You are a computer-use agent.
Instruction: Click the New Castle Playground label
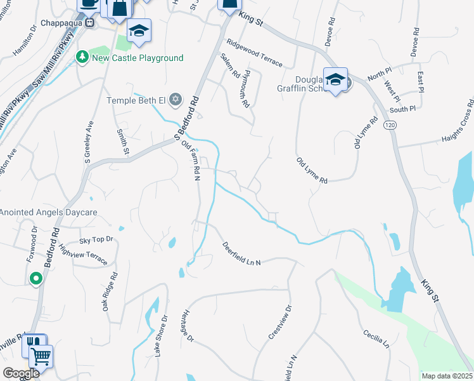pyautogui.click(x=138, y=58)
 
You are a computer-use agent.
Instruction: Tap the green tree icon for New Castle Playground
pyautogui.click(x=82, y=58)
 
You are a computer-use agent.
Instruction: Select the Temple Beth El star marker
pyautogui.click(x=176, y=100)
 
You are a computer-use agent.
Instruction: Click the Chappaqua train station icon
pyautogui.click(x=90, y=23)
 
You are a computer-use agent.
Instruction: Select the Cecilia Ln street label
pyautogui.click(x=376, y=338)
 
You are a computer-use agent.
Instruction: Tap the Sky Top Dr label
pyautogui.click(x=96, y=240)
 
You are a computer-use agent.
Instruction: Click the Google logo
pyautogui.click(x=21, y=373)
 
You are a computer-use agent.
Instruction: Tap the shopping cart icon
pyautogui.click(x=41, y=357)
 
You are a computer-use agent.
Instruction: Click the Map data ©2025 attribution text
pyautogui.click(x=447, y=376)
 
